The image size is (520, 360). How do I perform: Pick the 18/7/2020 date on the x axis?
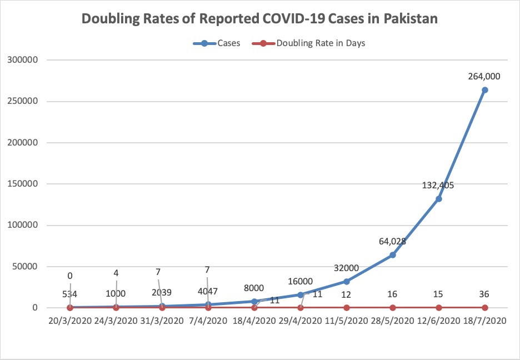[484, 321]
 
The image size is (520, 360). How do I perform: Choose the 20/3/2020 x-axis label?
[70, 321]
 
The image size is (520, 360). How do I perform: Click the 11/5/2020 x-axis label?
[347, 321]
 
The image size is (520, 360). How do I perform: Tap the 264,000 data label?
[484, 77]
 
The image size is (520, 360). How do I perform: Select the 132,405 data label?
[438, 186]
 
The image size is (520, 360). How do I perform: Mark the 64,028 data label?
[392, 242]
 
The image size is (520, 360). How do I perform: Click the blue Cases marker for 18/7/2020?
[484, 90]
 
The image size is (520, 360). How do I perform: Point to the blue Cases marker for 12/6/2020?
[438, 198]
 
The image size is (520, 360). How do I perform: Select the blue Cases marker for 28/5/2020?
[392, 255]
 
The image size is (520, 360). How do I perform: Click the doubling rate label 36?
[484, 294]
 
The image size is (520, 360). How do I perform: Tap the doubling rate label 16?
[392, 294]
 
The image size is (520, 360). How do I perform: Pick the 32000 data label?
[346, 268]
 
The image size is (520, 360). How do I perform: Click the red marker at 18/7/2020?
[484, 307]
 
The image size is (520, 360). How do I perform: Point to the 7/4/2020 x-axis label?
[208, 321]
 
